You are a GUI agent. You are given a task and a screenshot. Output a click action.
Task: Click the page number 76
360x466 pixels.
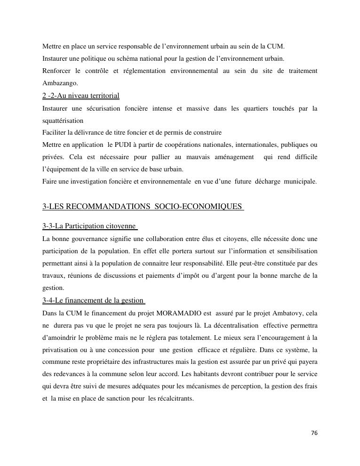pos(314,433)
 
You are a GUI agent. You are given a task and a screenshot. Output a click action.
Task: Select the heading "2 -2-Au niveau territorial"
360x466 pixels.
pos(80,96)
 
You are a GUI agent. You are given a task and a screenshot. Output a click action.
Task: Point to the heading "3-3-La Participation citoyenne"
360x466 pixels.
pos(89,226)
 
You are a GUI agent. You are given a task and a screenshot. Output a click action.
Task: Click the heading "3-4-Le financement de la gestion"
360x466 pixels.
pos(93,301)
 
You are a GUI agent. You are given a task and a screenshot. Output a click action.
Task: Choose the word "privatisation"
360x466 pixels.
pos(60,350)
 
